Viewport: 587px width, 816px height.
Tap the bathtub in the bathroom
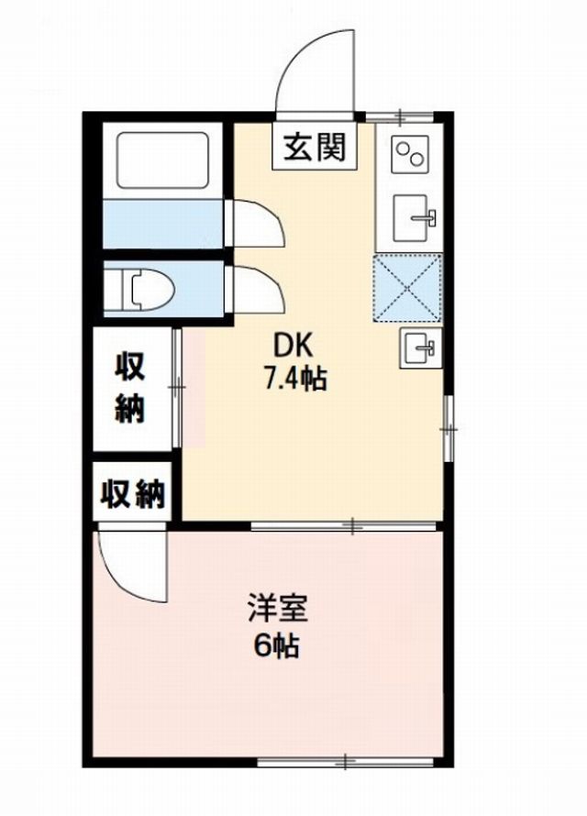click(162, 160)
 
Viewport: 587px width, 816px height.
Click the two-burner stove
click(411, 151)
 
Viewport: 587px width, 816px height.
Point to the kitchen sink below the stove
click(414, 217)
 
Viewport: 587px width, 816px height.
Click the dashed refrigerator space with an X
click(407, 288)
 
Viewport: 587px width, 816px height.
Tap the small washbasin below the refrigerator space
click(420, 347)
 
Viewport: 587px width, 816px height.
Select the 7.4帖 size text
click(295, 378)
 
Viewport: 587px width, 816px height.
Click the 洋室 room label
click(277, 608)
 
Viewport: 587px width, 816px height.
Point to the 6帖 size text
click(276, 645)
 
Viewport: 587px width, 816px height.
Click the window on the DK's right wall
click(449, 428)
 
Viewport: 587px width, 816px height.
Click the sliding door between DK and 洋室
click(343, 525)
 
